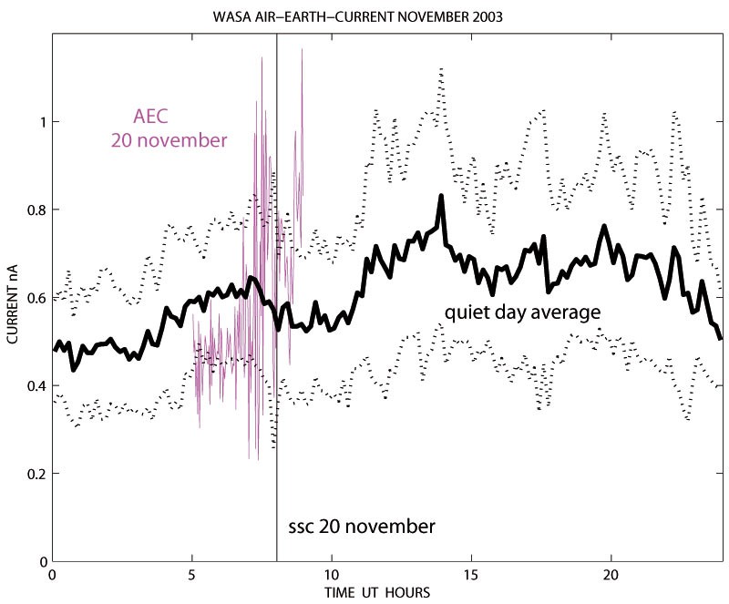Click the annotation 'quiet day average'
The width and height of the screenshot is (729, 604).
coord(522,312)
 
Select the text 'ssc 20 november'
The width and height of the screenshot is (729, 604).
coord(361,527)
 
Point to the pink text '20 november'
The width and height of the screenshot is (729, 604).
coord(169,140)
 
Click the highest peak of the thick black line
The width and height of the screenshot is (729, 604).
coord(441,196)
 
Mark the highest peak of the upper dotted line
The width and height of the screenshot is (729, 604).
coord(441,68)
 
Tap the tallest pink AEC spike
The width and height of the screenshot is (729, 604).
coord(302,49)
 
